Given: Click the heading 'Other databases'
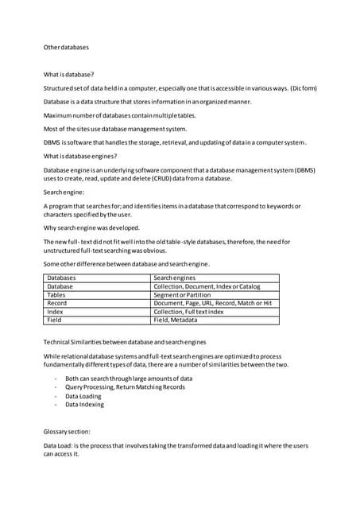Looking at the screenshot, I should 67,48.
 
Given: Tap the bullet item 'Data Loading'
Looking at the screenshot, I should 83,395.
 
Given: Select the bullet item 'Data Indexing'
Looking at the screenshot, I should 84,404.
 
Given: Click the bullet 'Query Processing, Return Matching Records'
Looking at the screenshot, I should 125,387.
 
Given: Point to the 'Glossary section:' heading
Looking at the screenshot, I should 67,430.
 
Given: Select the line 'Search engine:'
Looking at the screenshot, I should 64,192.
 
